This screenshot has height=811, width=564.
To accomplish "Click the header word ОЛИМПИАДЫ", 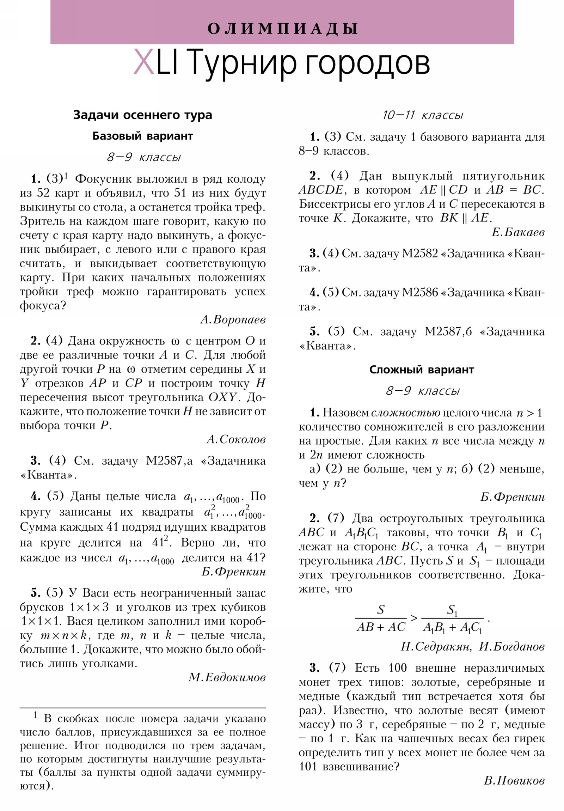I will [282, 29].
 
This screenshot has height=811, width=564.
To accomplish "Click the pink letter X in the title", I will [143, 62].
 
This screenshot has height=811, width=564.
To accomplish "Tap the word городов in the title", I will [367, 63].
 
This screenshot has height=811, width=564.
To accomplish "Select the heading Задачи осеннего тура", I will [143, 115].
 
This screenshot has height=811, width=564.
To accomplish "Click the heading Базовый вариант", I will [143, 136].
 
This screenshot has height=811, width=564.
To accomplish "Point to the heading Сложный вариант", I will [421, 370].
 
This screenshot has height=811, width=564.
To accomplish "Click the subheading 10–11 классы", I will [422, 115].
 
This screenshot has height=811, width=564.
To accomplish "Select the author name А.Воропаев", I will [233, 320].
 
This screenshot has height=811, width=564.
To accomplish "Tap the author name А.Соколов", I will [236, 439].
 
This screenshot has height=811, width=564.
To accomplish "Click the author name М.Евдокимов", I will [227, 677].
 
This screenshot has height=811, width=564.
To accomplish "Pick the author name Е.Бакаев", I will [518, 232].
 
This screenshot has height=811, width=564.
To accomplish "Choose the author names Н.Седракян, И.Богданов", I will [472, 646].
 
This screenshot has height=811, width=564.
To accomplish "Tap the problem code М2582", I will [419, 253].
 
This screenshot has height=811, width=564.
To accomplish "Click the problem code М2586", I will [419, 292].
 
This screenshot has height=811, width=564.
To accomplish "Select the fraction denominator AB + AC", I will [381, 627].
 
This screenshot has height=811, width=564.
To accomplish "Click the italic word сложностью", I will [405, 413].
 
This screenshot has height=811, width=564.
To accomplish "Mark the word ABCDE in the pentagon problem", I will [321, 190].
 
